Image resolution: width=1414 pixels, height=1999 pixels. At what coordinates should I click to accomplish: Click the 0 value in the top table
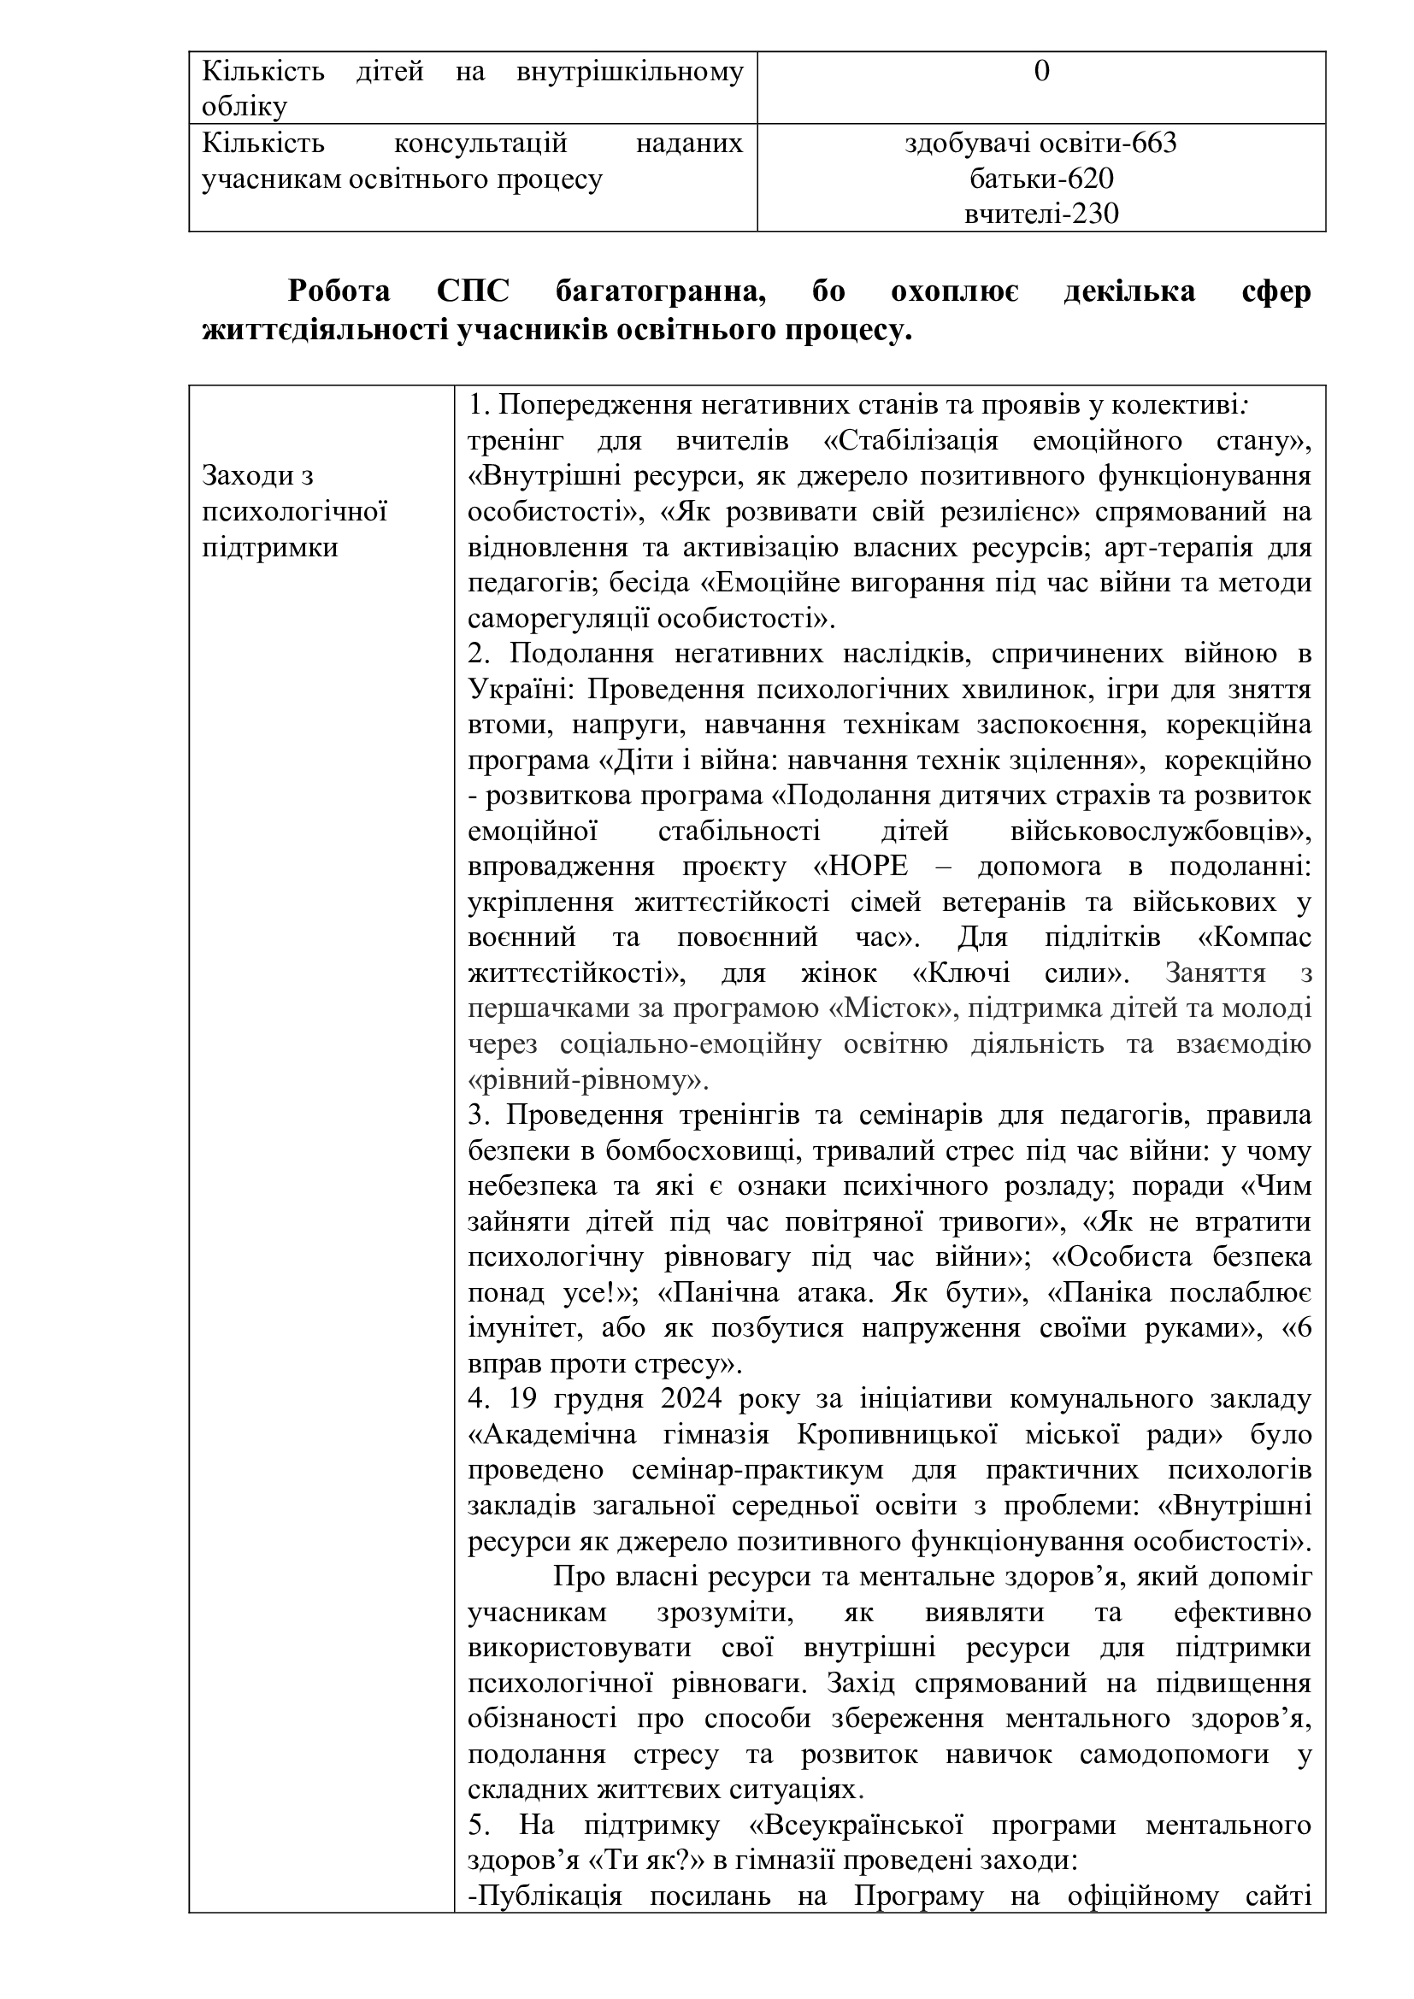1041,72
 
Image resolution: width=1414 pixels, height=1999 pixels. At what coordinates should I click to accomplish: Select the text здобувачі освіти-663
1040,143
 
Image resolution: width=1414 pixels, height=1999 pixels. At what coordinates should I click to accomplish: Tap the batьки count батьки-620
1041,179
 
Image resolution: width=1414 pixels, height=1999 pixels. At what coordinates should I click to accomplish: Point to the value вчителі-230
1041,215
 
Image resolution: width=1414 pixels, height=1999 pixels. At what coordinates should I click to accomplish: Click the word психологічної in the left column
293,512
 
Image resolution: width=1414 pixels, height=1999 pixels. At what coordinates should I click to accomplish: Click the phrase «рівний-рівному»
587,1080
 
